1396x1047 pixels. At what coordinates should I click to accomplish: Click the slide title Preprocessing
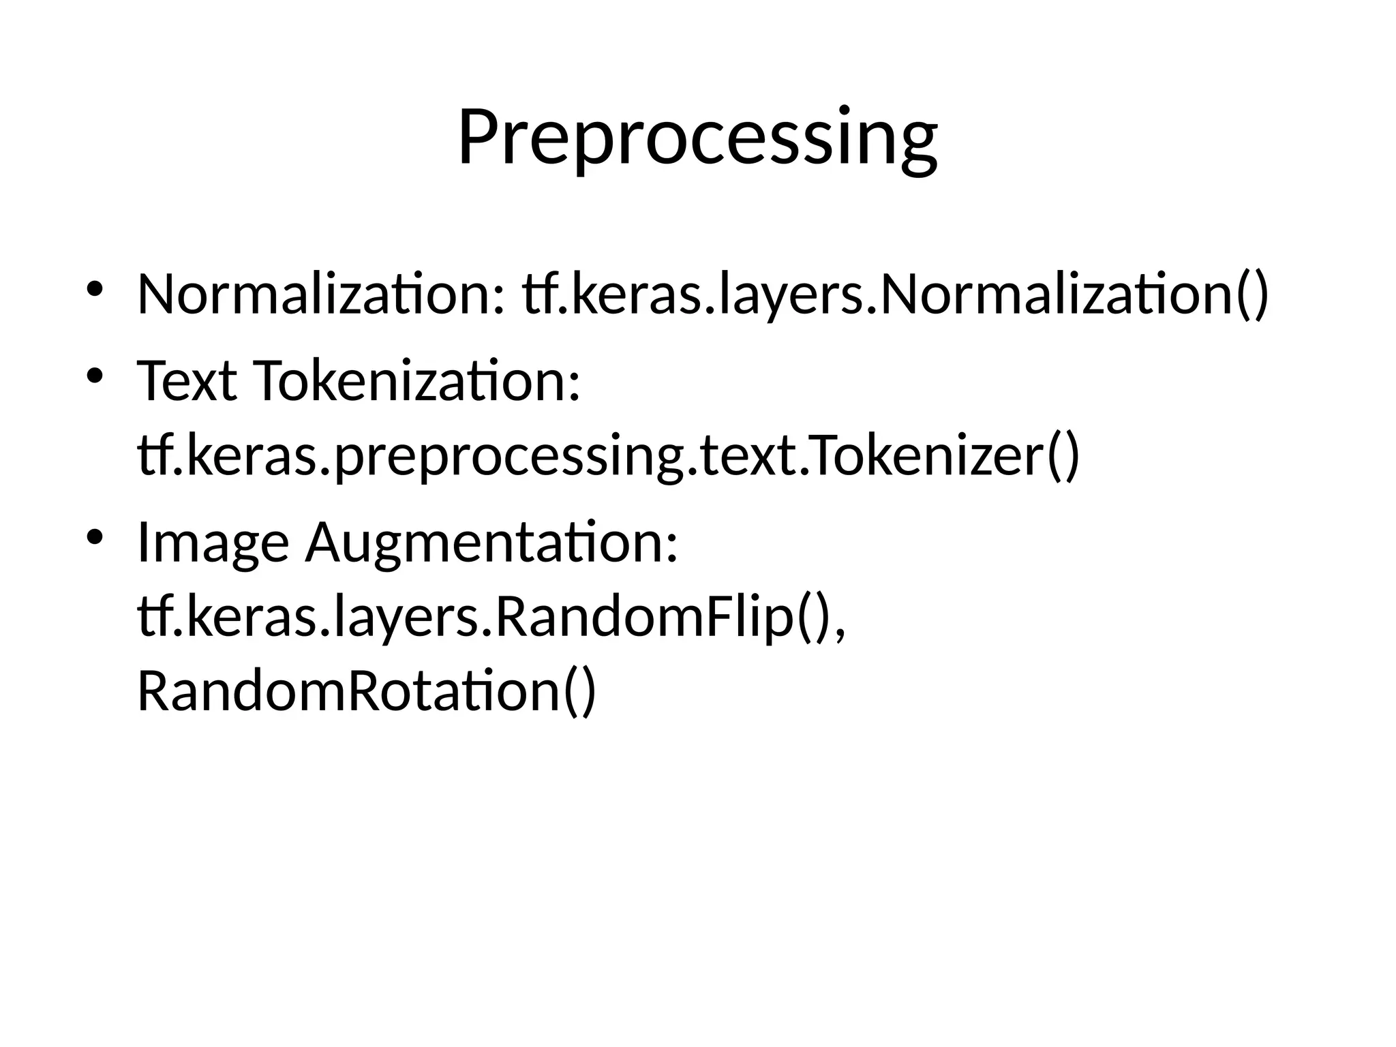click(x=697, y=138)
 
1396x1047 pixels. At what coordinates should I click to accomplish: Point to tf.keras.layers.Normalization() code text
click(x=895, y=294)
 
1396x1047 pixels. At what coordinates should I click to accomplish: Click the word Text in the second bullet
click(x=187, y=381)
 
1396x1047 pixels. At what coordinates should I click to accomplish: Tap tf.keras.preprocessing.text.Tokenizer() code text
click(x=609, y=456)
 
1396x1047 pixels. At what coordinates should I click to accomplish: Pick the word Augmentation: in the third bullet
click(x=491, y=543)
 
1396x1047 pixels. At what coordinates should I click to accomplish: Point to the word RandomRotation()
click(x=367, y=691)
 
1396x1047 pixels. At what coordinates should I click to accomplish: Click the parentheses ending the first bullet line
click(x=1252, y=294)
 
